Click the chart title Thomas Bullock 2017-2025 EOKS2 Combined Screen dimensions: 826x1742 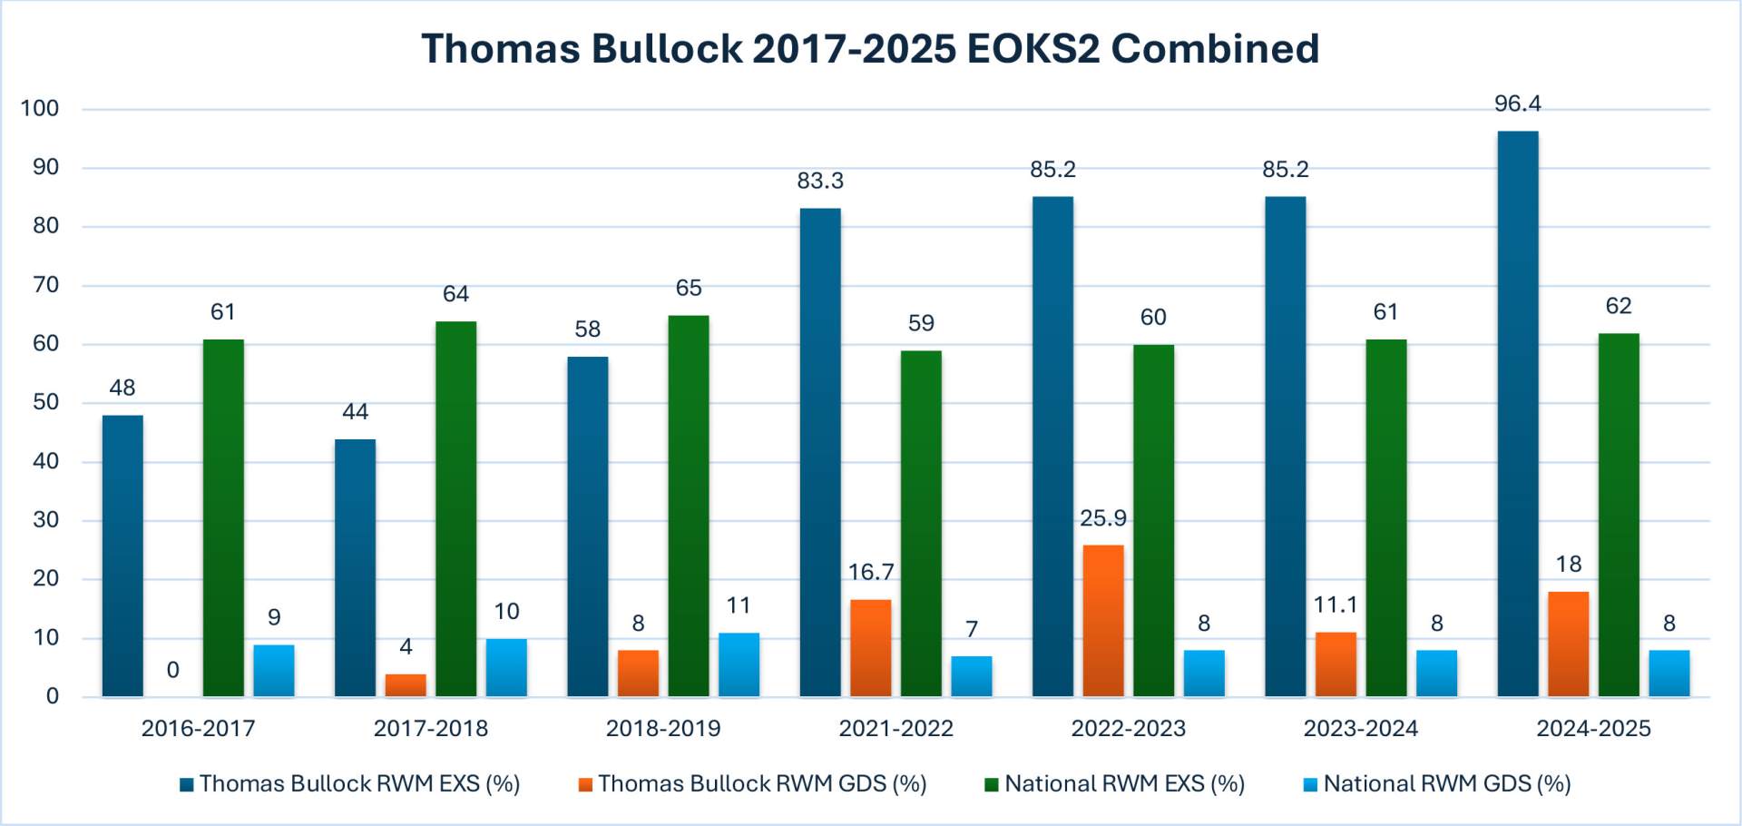870,48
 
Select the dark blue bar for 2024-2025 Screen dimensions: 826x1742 1517,414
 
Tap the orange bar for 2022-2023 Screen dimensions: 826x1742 1102,621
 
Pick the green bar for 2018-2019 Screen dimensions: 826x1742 689,506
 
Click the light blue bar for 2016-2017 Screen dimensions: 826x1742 274,671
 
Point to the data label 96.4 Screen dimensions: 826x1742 1517,103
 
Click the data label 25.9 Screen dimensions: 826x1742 1102,518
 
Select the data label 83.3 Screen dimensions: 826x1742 820,181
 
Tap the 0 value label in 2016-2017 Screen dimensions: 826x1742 172,670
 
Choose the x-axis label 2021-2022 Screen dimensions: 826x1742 895,728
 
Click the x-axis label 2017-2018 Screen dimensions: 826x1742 430,728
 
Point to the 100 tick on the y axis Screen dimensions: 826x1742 40,109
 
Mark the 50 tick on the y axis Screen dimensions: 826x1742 45,402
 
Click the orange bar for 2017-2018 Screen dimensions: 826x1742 406,685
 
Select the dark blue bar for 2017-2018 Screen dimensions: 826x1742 355,567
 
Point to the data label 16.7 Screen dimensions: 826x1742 871,572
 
